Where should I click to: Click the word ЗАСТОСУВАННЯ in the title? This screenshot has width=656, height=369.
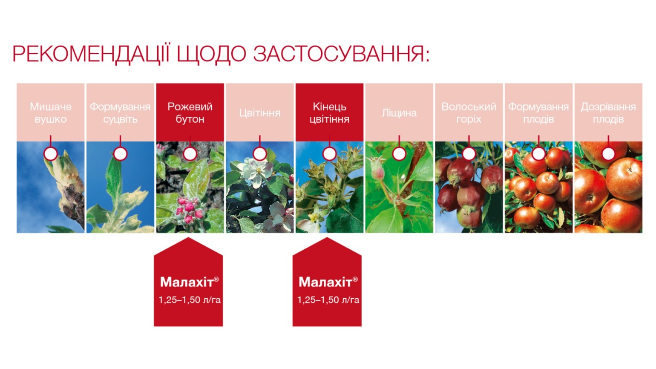[342, 54]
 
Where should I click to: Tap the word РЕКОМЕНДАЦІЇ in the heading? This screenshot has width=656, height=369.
[91, 54]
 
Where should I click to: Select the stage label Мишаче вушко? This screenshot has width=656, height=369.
[51, 113]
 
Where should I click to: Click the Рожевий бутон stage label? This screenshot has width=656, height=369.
[190, 113]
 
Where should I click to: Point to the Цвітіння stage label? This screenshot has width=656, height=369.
[260, 113]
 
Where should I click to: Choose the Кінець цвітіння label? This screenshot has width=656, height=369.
[329, 113]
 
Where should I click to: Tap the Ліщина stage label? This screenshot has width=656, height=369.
[399, 113]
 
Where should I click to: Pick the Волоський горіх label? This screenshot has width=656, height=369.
[469, 113]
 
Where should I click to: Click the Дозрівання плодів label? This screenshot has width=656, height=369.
[608, 113]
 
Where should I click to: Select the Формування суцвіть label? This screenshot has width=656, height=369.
[121, 113]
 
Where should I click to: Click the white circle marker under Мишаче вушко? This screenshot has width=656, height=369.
[51, 154]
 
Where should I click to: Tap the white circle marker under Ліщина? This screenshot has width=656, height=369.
[399, 154]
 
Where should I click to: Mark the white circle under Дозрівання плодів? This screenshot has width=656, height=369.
[608, 154]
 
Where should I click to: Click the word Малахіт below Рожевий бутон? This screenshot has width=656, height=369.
[187, 282]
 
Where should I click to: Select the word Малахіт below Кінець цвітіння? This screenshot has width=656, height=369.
[325, 282]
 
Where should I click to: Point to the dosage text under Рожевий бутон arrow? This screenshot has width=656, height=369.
[190, 300]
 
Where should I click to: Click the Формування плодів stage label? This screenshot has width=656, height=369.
[538, 113]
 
